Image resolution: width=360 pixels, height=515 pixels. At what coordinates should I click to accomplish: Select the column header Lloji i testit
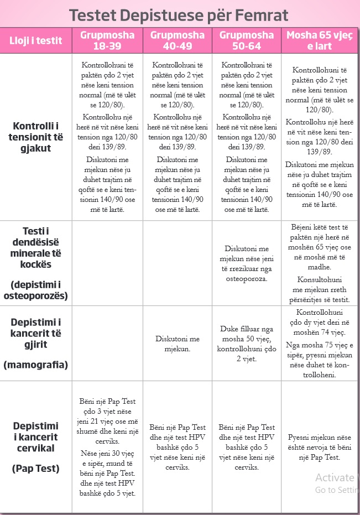pos(36,40)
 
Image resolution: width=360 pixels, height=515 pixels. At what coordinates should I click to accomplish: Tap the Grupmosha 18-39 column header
pos(107,40)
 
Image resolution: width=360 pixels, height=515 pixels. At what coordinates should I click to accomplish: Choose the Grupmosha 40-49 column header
pos(177,40)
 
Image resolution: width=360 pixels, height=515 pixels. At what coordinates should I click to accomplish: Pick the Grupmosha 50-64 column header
pos(247,40)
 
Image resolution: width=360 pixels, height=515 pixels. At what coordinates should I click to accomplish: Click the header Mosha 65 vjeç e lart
pos(320,40)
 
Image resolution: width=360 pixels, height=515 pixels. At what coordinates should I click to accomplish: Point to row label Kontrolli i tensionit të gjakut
pos(36,137)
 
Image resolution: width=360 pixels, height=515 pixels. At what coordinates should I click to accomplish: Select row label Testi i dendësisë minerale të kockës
pos(36,247)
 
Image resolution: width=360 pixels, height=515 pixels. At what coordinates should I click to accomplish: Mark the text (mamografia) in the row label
pos(36,365)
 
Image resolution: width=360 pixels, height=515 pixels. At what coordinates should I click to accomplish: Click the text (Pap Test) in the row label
pos(36,469)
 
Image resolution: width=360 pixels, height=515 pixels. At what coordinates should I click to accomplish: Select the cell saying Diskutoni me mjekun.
pos(177,344)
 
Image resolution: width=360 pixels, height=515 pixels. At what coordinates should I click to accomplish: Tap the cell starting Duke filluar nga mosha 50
pos(247,344)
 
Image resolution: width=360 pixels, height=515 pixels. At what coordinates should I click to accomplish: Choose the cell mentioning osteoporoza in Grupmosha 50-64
pos(247,264)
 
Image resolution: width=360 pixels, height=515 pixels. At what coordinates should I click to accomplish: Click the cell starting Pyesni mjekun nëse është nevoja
pos(320,447)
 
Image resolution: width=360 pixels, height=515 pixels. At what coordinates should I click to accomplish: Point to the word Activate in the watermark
pos(334,478)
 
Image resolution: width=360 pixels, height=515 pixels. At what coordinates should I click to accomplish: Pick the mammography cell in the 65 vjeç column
pos(320,344)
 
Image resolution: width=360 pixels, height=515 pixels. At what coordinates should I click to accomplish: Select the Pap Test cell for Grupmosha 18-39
pos(107,447)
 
